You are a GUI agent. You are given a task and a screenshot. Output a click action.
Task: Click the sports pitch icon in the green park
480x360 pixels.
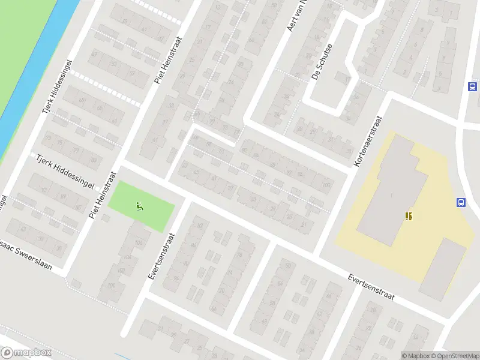pyautogui.click(x=140, y=207)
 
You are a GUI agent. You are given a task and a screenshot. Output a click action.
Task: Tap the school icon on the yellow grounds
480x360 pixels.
pyautogui.click(x=409, y=216)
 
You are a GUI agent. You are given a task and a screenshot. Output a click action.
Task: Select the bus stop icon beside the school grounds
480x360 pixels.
pyautogui.click(x=461, y=203)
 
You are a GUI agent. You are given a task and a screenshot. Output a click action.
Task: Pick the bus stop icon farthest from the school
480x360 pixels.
pyautogui.click(x=473, y=86)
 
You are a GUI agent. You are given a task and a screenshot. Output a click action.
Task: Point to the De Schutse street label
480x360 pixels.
pyautogui.click(x=321, y=65)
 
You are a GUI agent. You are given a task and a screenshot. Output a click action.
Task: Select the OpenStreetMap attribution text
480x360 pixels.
pyautogui.click(x=455, y=356)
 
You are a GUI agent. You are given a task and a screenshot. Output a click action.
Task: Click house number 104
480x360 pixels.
pyautogui.click(x=127, y=257)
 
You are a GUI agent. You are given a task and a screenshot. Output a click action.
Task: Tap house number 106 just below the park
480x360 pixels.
pyautogui.click(x=139, y=242)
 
